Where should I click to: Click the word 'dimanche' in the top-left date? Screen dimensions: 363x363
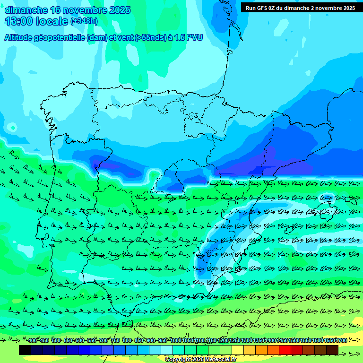coord(23,10)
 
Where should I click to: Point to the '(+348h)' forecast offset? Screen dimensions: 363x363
coord(85,21)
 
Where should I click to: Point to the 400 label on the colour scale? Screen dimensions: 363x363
coord(32,340)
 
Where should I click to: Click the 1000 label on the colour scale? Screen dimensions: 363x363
coord(175,340)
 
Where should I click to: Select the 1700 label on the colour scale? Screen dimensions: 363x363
coord(342,340)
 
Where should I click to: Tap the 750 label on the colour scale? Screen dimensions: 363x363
coord(115,340)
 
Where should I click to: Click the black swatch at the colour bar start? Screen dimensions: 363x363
coord(25,350)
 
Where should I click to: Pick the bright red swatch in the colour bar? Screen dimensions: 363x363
coord(285,350)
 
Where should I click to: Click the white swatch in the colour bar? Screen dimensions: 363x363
coord(167,350)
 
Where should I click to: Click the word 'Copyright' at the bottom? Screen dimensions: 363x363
coord(178,360)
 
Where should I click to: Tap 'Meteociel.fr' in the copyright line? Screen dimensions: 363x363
coord(220,360)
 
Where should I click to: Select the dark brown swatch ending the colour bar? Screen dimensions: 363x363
coord(332,350)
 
